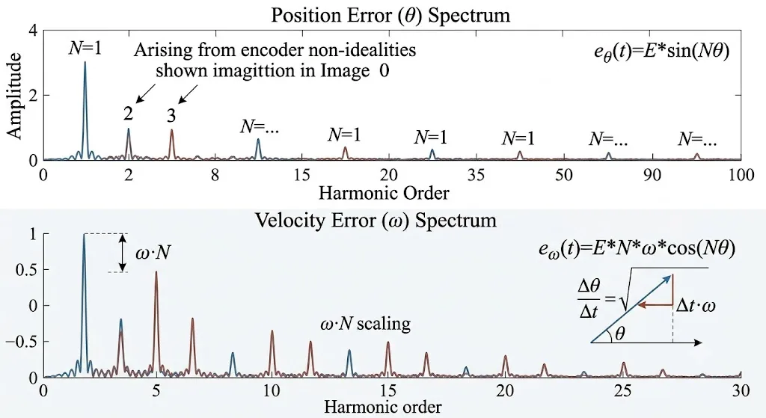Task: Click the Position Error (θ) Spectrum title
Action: (x=390, y=15)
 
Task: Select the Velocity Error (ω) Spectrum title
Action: (x=376, y=221)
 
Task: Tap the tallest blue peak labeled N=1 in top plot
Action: (x=85, y=110)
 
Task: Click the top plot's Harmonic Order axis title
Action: (x=384, y=194)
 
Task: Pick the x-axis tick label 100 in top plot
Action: (x=741, y=175)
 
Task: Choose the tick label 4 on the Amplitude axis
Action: (x=33, y=30)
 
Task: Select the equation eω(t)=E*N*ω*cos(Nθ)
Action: (x=637, y=250)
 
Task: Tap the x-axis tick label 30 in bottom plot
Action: (x=741, y=390)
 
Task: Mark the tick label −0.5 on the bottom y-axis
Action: (x=22, y=341)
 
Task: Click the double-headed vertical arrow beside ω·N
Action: (x=123, y=253)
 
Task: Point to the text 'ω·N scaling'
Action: (x=365, y=323)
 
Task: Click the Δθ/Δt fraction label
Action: (x=589, y=299)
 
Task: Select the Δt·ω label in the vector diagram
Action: (x=696, y=306)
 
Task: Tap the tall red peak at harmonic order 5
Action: (x=156, y=322)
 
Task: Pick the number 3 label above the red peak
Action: (x=171, y=116)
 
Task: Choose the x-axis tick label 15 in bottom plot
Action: (x=388, y=390)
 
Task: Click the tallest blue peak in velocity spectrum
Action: (x=84, y=305)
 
